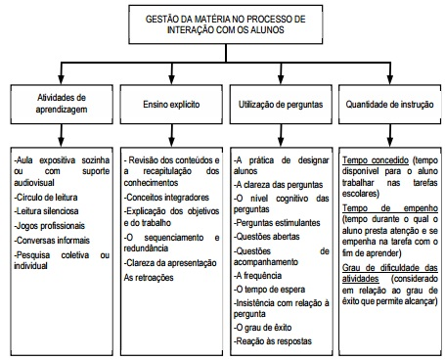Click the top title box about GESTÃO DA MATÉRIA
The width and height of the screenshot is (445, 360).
224,23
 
